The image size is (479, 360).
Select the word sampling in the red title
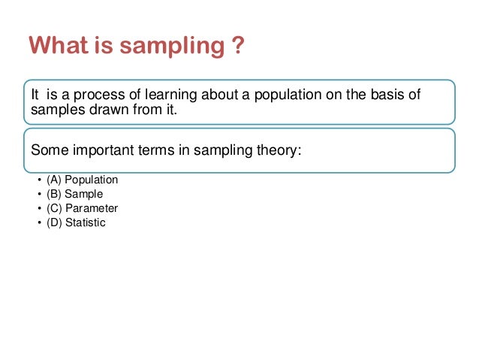163,47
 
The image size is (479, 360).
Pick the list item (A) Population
82,180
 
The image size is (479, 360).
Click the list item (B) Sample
75,195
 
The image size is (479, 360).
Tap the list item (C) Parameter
82,209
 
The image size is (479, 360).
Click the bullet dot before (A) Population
38,180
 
